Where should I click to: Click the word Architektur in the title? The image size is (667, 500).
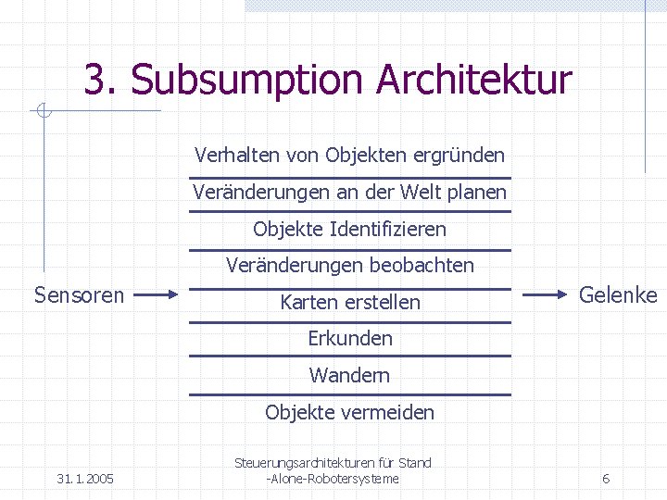[474, 81]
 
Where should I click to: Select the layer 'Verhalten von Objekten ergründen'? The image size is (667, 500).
[350, 155]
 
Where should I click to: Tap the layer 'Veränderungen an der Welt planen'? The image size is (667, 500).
[350, 193]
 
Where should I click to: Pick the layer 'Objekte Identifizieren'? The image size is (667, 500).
[350, 229]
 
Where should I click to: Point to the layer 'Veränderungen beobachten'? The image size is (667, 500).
[350, 266]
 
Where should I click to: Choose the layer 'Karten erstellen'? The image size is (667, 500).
[350, 302]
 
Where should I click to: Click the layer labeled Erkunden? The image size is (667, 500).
[350, 338]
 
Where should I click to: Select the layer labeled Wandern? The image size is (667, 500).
[350, 375]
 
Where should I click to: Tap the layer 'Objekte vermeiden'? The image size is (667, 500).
[350, 412]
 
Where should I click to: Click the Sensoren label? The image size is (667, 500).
[79, 295]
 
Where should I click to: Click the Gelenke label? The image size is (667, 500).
[618, 295]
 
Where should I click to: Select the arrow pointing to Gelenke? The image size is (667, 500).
[547, 295]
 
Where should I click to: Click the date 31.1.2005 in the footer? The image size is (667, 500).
[85, 479]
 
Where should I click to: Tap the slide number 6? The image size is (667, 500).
[606, 479]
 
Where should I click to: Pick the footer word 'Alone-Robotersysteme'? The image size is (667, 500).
[334, 479]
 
